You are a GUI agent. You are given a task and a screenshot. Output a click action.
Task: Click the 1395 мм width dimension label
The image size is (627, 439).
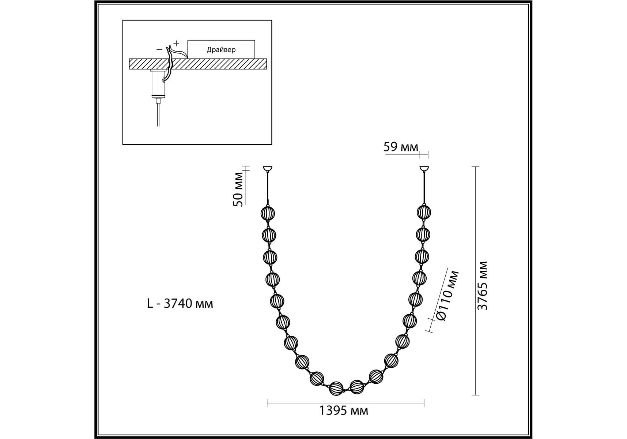pos(344,411)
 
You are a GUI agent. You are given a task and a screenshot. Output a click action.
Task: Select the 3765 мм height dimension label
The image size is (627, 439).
pos(483,286)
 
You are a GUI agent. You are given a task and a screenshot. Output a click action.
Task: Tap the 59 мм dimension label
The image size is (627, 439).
pos(400,147)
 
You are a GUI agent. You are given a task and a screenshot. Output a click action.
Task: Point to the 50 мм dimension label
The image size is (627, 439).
pos(238,189)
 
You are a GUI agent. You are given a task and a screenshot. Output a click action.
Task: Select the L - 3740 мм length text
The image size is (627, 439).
pos(180,303)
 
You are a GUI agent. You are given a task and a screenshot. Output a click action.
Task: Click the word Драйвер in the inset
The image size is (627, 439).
pos(221,50)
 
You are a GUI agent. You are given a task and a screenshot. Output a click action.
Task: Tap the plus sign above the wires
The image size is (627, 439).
pos(176,43)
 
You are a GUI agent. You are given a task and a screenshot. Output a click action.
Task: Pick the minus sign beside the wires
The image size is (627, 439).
pos(159,49)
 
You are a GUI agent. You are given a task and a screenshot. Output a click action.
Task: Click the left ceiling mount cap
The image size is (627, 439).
pos(268,169)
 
